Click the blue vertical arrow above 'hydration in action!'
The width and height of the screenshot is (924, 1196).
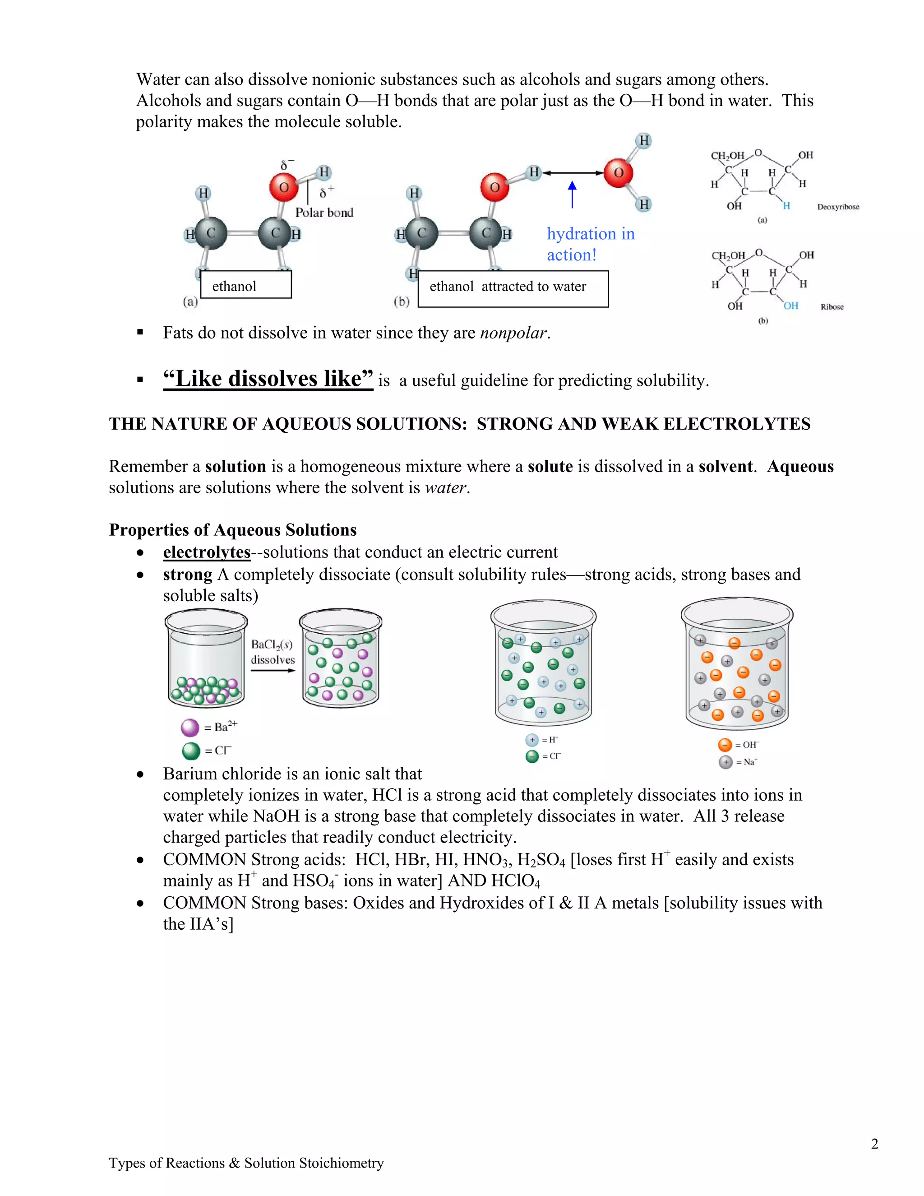(572, 195)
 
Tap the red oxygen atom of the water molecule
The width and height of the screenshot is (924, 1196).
(619, 173)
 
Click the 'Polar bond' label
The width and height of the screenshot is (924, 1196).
(324, 213)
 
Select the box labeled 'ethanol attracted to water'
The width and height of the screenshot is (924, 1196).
(513, 288)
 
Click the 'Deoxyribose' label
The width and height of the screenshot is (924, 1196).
(837, 207)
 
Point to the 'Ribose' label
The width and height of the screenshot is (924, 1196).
(832, 307)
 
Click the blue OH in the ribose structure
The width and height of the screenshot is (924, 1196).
(790, 306)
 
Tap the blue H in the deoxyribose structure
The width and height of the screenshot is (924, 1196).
(786, 206)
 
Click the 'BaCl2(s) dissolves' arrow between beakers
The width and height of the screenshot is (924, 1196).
(273, 670)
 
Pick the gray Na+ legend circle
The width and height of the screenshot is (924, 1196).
(725, 762)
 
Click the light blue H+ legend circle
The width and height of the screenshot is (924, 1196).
(531, 740)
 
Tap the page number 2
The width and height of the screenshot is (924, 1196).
(874, 1144)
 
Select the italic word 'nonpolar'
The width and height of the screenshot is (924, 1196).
(513, 333)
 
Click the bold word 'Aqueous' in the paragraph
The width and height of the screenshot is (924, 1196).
(800, 467)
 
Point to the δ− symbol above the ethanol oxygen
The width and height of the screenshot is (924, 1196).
(287, 164)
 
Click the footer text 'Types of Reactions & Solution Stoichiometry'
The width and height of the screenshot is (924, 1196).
(246, 1163)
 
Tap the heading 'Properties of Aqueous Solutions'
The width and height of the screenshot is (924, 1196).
(233, 530)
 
